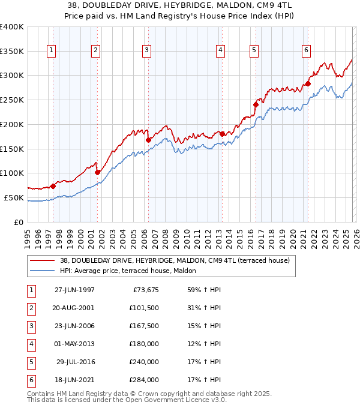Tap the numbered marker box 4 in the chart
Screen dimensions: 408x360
pyautogui.click(x=221, y=51)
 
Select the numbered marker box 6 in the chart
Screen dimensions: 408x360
pyautogui.click(x=306, y=51)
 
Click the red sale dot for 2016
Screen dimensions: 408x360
pyautogui.click(x=255, y=104)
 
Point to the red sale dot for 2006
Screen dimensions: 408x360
pyautogui.click(x=148, y=140)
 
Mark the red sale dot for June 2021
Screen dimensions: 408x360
pyautogui.click(x=307, y=83)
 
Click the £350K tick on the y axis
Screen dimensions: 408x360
pyautogui.click(x=12, y=51)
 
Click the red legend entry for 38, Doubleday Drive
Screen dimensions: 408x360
pyautogui.click(x=175, y=260)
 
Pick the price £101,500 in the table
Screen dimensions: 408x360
pyautogui.click(x=143, y=307)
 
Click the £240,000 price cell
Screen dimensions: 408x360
pyautogui.click(x=143, y=362)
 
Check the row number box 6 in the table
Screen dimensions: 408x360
pyautogui.click(x=31, y=380)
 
